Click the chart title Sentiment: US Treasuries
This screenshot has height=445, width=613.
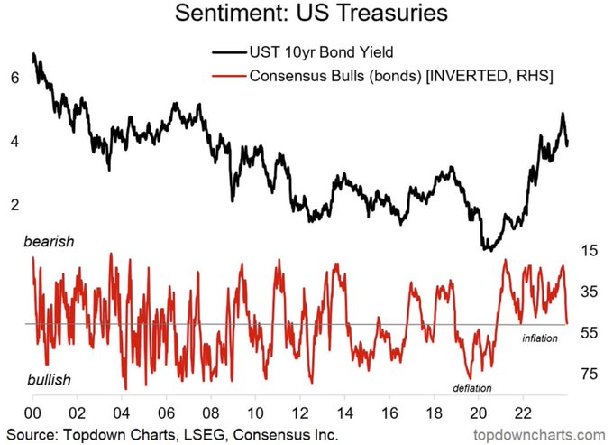(306, 15)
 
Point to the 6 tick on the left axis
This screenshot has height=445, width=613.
(14, 79)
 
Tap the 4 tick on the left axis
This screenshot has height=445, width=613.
(14, 142)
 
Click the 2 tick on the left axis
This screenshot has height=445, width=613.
(14, 205)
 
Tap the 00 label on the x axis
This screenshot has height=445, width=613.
(32, 412)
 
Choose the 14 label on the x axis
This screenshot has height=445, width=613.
(344, 412)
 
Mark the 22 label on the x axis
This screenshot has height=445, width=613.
(523, 412)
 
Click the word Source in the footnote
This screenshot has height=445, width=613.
(30, 434)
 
